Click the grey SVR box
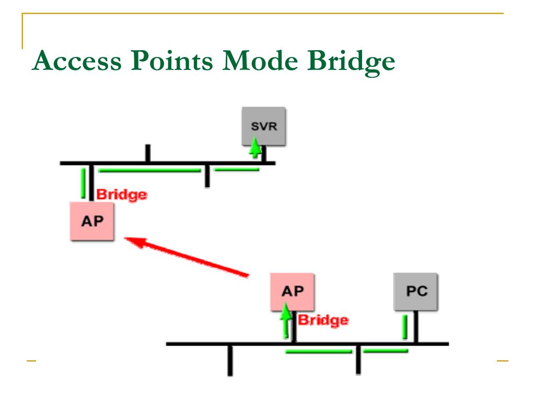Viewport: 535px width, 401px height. (263, 126)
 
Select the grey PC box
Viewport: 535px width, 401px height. (416, 291)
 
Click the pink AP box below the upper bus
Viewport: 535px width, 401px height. (92, 220)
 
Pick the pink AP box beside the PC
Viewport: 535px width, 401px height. (293, 291)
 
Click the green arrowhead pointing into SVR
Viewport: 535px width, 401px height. (254, 146)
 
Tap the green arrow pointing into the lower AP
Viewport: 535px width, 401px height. (285, 321)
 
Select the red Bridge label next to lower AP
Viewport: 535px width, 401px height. (322, 320)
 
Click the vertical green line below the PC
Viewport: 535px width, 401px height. (404, 327)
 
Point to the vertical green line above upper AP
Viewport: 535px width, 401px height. (83, 183)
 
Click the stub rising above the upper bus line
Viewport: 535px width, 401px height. (148, 154)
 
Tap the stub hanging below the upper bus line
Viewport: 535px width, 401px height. (207, 176)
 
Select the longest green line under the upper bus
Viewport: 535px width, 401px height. (149, 170)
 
